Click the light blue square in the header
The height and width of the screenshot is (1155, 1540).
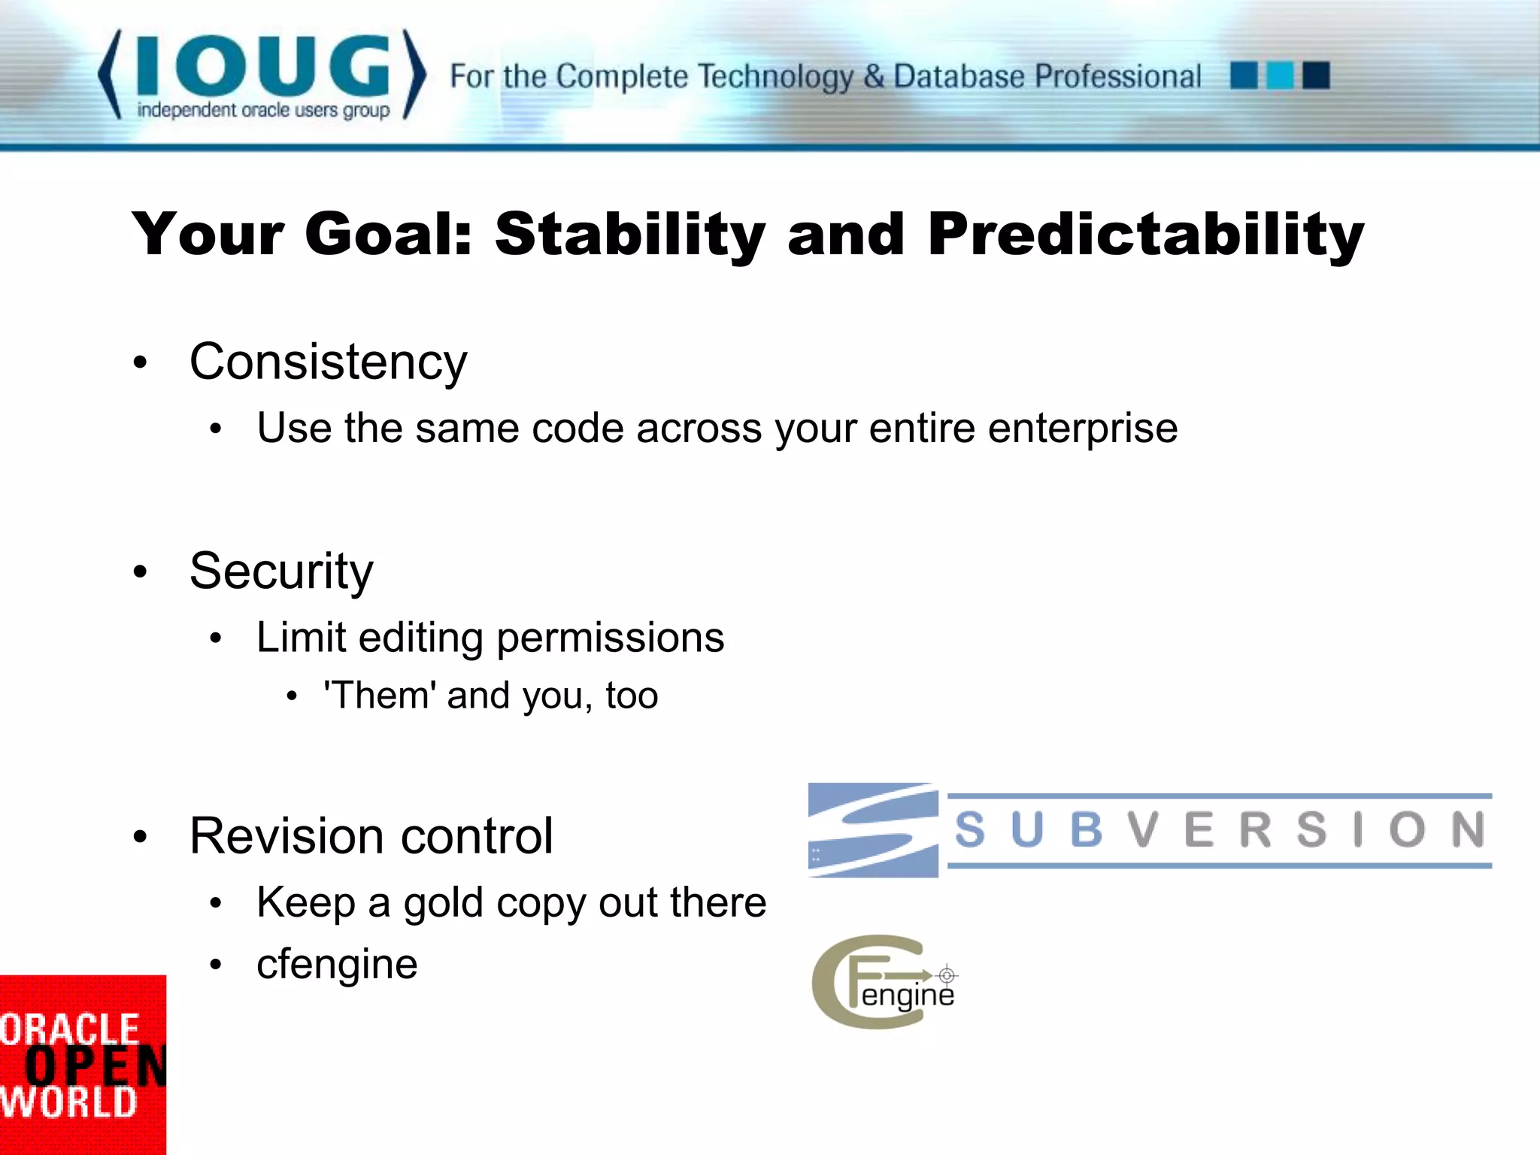(x=1280, y=76)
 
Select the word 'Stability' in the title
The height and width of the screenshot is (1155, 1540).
(x=629, y=235)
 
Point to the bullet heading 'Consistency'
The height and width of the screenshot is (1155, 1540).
(x=328, y=362)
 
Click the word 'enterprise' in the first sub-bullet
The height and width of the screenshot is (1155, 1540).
(x=1082, y=429)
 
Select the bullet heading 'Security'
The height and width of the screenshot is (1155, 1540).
(x=281, y=571)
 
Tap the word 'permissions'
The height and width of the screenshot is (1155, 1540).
(x=610, y=638)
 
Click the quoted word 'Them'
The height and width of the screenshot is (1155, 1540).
(x=380, y=696)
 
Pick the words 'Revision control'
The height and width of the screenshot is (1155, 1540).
(x=371, y=836)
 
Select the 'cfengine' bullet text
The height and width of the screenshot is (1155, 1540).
(x=337, y=965)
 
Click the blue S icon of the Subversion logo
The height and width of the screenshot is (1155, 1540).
(x=873, y=830)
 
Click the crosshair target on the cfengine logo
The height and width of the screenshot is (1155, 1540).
(x=947, y=975)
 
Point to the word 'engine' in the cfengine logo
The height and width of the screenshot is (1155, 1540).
(x=907, y=996)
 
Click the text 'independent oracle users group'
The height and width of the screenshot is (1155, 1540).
(x=263, y=111)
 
